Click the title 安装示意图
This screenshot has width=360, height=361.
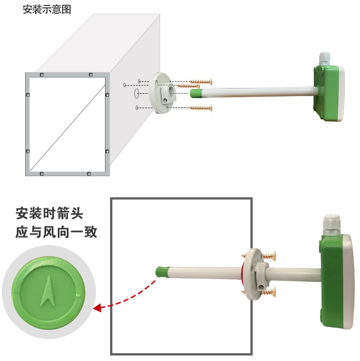coord(47,10)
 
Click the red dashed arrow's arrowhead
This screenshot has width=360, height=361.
coord(98,308)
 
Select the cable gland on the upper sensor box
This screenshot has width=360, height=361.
coord(325,59)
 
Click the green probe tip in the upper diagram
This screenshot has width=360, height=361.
coord(195,93)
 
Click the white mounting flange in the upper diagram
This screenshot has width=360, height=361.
coord(162,93)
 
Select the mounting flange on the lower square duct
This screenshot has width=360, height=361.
coord(255,274)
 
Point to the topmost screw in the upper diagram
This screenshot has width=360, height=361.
coord(201,82)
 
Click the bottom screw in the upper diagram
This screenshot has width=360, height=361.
coord(201,108)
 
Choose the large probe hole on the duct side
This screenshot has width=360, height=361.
coord(137,93)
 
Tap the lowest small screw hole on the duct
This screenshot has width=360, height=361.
coord(137,108)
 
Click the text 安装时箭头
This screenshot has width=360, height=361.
coord(50,213)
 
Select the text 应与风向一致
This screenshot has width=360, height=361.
coord(56,232)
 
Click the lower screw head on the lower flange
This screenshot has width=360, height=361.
coord(270,292)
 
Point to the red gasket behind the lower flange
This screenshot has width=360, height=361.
coord(243,274)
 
